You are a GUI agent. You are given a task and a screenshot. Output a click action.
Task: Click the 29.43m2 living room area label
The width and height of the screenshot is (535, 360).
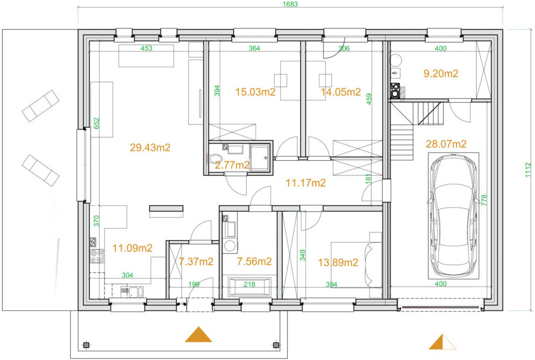[150, 148]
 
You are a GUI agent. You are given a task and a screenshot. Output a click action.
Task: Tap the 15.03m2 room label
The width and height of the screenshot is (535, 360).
[255, 91]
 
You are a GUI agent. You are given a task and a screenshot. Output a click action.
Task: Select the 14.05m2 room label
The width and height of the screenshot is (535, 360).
[340, 91]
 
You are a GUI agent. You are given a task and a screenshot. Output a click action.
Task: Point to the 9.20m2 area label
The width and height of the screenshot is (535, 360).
[441, 74]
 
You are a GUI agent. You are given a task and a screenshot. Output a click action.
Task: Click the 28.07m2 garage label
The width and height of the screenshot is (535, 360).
[446, 144]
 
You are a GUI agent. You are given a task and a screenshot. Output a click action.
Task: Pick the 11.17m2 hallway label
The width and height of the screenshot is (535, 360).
[306, 183]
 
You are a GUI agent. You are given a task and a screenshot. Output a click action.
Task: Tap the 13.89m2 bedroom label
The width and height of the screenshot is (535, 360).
[338, 263]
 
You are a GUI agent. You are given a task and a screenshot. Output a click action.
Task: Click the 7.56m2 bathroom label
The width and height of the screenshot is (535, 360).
[254, 261]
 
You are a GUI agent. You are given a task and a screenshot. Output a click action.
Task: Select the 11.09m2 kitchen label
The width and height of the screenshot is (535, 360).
[133, 248]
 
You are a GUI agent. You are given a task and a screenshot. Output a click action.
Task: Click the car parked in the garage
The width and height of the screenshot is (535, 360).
[453, 215]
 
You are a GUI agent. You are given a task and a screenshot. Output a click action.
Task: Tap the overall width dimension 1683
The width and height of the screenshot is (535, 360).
[290, 4]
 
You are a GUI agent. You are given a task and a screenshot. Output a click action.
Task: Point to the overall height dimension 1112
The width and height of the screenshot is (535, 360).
[528, 170]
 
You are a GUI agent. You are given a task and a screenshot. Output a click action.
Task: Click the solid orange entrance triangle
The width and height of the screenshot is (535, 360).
[198, 335]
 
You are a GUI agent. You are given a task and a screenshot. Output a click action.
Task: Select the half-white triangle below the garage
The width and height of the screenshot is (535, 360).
[442, 342]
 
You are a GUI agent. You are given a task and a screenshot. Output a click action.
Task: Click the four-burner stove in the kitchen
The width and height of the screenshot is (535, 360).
[97, 256]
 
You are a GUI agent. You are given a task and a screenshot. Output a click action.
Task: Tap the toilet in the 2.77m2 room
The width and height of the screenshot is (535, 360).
[215, 159]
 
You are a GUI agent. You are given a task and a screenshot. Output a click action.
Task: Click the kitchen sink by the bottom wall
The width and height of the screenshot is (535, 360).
[131, 292]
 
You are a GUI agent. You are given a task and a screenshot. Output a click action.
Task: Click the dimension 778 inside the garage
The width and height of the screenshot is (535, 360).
[484, 200]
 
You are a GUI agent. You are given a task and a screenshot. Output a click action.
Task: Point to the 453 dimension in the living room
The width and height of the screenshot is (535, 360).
[146, 48]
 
